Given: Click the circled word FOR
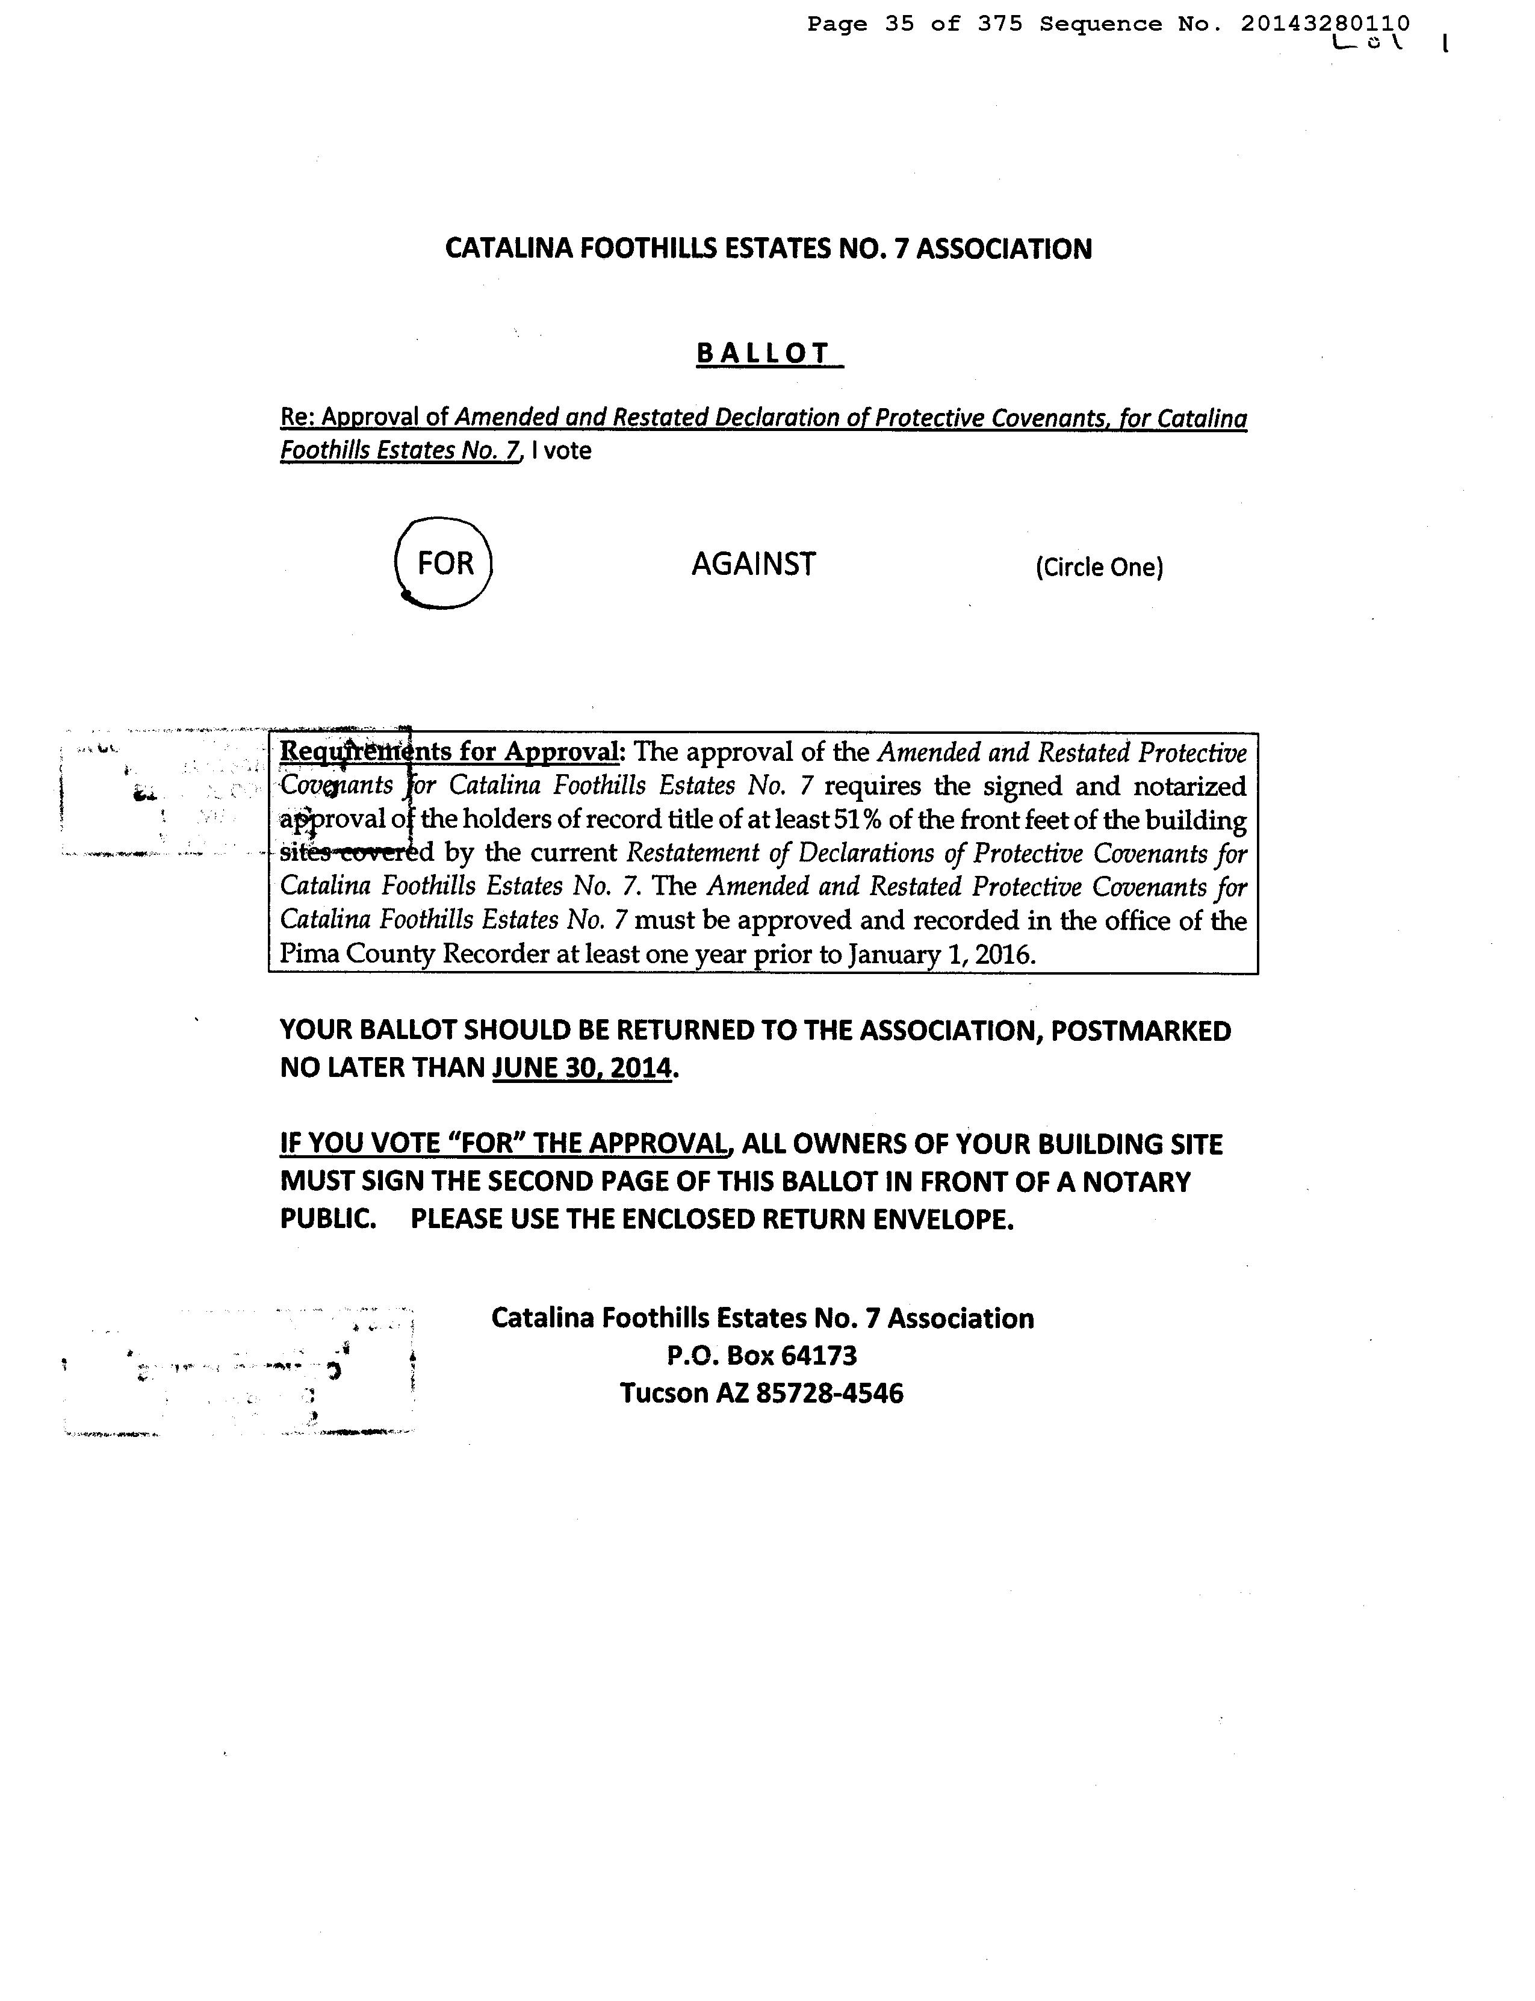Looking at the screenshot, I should [445, 563].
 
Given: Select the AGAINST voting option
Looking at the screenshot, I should [753, 563].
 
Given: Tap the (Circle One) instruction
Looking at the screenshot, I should [1099, 568].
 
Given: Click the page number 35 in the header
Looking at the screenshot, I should [899, 23].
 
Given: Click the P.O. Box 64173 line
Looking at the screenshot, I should [762, 1355].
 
